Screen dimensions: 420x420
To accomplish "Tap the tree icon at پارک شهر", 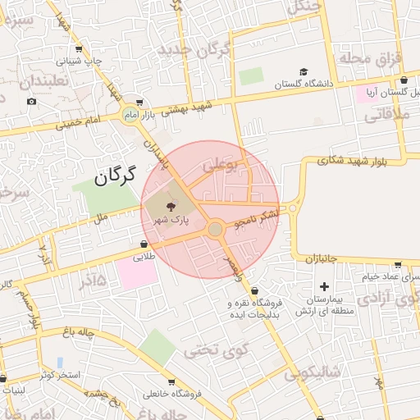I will tap(170, 206).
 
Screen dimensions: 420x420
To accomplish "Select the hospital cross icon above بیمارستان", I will tap(325, 286).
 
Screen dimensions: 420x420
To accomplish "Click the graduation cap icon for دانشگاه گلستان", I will tap(304, 72).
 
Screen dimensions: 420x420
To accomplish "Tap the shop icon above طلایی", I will tap(144, 244).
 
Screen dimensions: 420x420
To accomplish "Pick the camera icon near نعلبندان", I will tap(31, 101).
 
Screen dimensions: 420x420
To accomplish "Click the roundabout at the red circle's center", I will tap(215, 229).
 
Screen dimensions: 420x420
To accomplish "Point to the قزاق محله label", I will tap(362, 58).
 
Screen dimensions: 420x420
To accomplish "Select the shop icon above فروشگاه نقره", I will tap(254, 290).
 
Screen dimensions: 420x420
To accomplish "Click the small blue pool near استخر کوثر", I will tap(60, 362).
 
